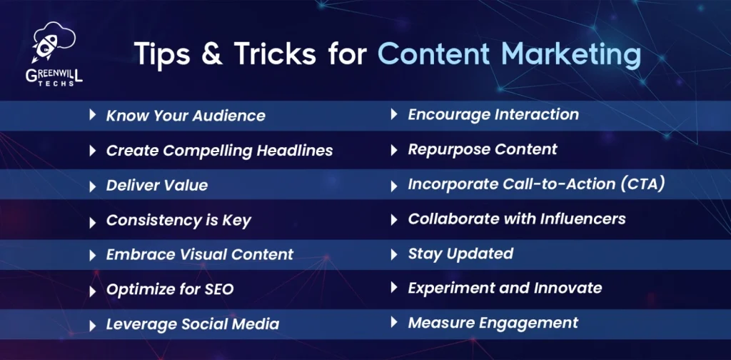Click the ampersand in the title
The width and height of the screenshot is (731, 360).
coord(211,53)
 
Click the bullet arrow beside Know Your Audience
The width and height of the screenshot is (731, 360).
coord(92,115)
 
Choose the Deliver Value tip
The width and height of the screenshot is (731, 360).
coord(157,185)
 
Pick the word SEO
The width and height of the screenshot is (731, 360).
coord(219,289)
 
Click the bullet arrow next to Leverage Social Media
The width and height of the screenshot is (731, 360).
coord(92,325)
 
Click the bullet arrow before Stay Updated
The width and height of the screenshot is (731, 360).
coord(394,254)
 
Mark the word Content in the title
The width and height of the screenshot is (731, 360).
coord(433,54)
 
